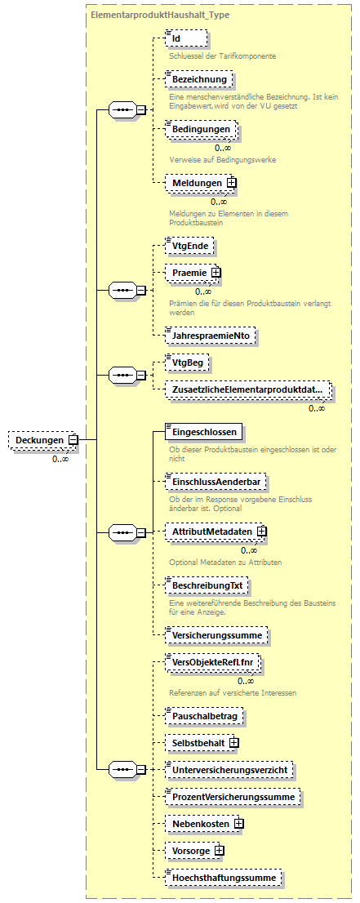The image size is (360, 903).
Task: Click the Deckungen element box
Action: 38,440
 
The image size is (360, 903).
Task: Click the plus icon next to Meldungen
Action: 232,183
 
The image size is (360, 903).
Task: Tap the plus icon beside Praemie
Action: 216,272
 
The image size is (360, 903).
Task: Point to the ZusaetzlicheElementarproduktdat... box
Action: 247,390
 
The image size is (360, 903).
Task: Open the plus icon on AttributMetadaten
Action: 262,532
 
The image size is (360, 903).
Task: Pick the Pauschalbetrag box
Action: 204,715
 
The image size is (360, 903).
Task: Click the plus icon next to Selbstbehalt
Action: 233,743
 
